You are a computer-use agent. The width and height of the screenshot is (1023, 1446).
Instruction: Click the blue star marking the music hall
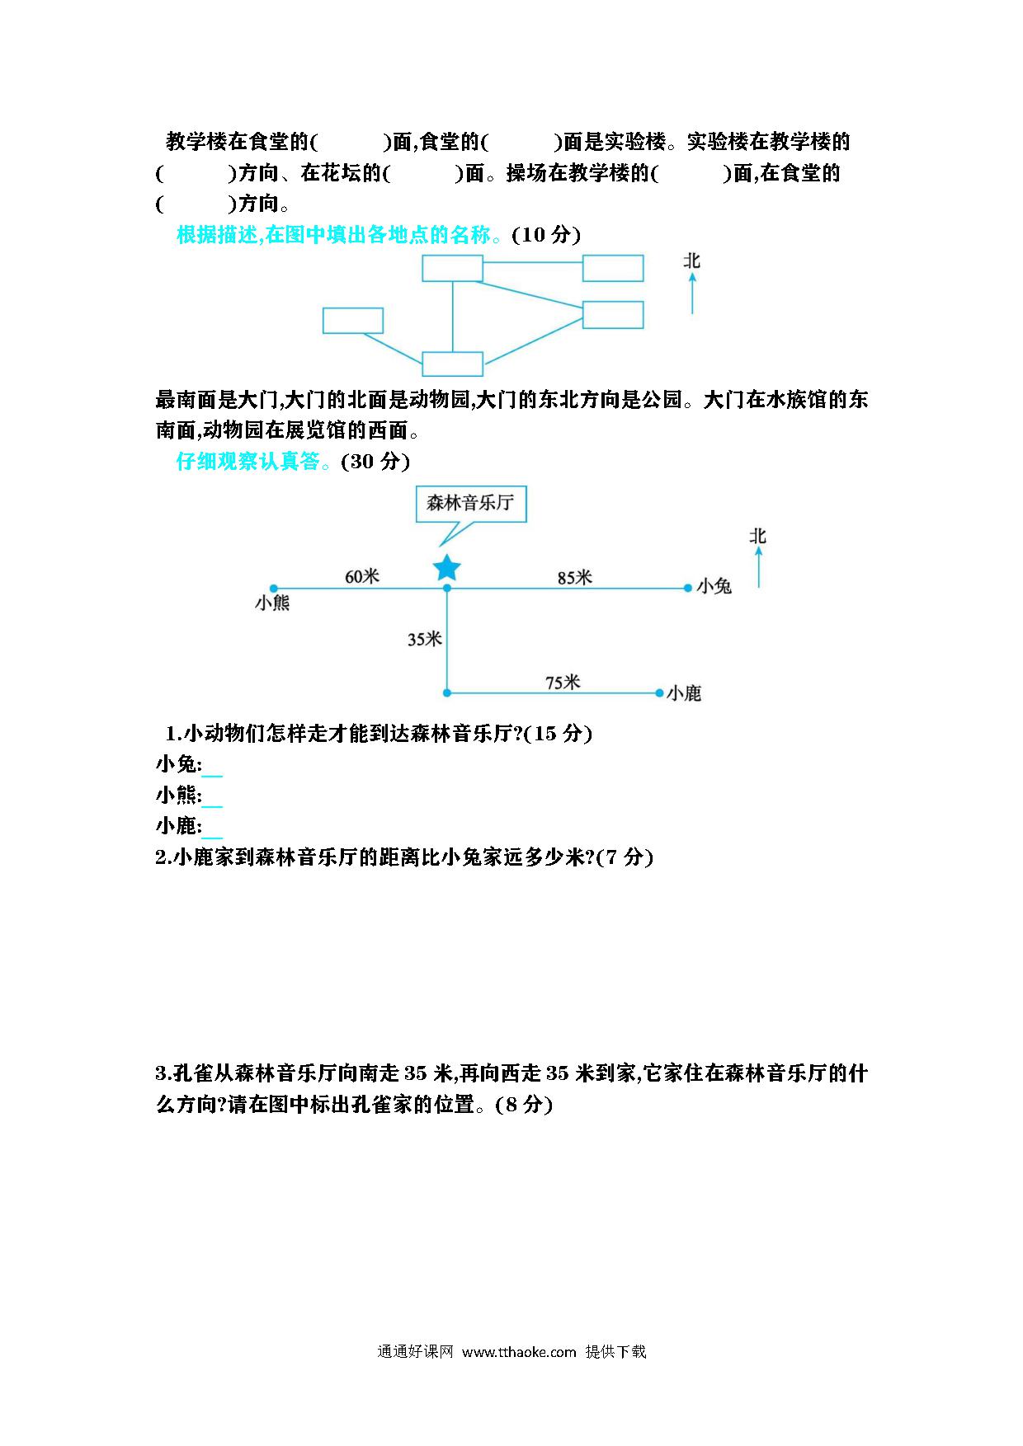click(x=446, y=568)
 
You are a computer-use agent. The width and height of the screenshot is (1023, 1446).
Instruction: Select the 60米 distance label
click(x=361, y=576)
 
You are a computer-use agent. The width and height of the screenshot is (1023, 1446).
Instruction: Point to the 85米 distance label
click(x=574, y=577)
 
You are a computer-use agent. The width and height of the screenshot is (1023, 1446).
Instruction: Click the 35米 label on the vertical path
click(x=424, y=639)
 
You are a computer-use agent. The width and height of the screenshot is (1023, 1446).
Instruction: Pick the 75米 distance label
click(x=563, y=682)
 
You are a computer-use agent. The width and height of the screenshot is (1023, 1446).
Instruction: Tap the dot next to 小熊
click(x=274, y=588)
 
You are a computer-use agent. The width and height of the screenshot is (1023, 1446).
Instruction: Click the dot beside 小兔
click(x=687, y=588)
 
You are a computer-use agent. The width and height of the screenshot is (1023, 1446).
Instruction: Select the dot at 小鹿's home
click(x=659, y=692)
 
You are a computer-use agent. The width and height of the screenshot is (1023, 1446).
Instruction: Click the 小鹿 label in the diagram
click(x=684, y=693)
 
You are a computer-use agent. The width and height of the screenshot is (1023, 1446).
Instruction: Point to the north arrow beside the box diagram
click(x=692, y=294)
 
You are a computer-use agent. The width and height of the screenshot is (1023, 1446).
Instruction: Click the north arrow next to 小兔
click(x=758, y=567)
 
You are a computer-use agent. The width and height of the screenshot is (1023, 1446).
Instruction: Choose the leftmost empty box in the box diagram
click(x=353, y=321)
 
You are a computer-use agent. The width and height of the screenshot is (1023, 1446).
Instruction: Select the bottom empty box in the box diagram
click(x=452, y=364)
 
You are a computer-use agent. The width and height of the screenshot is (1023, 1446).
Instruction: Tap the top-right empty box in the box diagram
click(x=613, y=268)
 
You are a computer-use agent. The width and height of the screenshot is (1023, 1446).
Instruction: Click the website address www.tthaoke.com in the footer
click(x=519, y=1351)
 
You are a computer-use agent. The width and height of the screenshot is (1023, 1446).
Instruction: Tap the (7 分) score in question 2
click(x=625, y=857)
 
